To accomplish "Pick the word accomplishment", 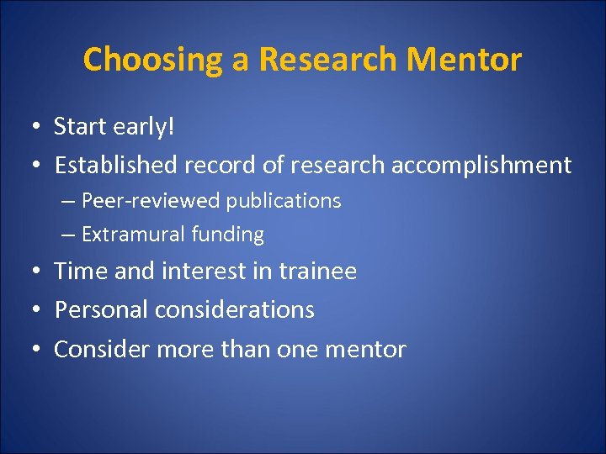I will tap(481, 165).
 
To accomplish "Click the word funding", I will tap(227, 235).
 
